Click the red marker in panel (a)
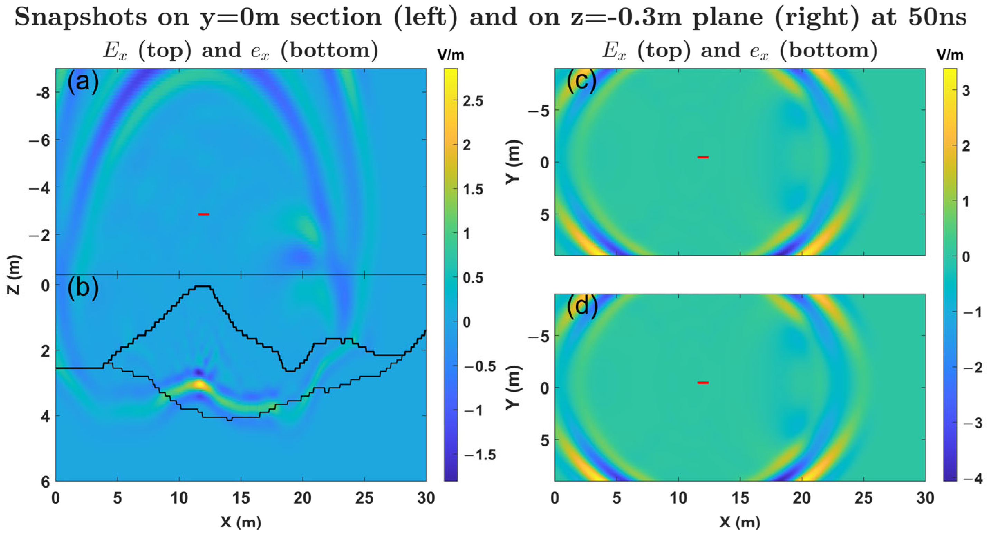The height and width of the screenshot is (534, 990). tap(204, 214)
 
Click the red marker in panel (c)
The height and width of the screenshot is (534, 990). tap(703, 157)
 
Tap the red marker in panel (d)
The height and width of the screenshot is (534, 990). tap(703, 383)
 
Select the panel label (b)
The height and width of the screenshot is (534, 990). tap(83, 288)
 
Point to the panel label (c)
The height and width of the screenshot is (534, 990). tap(581, 81)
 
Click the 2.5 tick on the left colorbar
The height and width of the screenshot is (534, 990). tap(473, 101)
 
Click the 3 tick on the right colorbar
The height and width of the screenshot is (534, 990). tap(966, 90)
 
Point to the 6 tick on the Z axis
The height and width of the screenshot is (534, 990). tap(45, 482)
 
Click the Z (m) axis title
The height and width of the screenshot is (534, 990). tap(14, 275)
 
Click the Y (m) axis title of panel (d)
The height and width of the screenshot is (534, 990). tap(513, 388)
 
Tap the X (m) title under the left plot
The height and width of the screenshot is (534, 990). tap(241, 522)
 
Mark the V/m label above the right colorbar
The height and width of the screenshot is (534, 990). tap(950, 55)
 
